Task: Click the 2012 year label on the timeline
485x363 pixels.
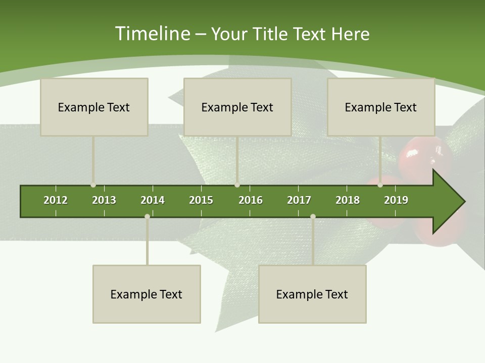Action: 56,200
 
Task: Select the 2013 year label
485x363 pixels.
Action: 104,200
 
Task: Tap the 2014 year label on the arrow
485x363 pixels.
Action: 153,200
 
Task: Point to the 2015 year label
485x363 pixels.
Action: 201,200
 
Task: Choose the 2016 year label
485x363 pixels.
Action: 251,200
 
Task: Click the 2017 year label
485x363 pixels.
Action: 299,200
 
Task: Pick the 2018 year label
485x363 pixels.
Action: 348,200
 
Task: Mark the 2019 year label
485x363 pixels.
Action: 396,200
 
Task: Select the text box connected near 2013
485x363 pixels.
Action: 94,107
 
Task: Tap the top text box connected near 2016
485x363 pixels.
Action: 237,107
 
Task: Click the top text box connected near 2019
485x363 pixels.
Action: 381,107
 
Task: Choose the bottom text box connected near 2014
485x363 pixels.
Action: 147,294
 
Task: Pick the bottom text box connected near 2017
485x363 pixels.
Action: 312,294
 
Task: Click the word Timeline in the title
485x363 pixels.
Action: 152,34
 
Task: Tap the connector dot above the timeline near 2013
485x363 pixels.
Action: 93,185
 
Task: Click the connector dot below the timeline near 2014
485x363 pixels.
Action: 147,217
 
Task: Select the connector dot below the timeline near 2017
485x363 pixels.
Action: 313,217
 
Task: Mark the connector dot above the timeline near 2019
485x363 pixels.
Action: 380,185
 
